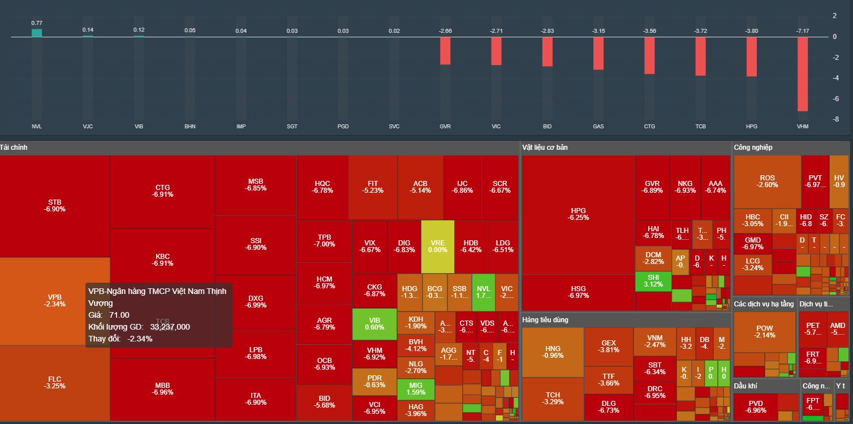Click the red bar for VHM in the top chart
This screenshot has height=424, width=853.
tap(802, 73)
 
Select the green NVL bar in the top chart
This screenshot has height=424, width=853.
tap(37, 33)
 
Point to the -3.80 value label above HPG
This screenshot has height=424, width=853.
tap(751, 31)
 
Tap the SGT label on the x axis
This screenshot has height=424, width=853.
tap(292, 126)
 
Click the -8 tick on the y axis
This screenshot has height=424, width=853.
tap(834, 119)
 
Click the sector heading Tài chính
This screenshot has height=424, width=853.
tap(14, 148)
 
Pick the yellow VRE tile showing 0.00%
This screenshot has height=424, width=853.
tap(437, 246)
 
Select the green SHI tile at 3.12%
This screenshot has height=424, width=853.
tap(653, 281)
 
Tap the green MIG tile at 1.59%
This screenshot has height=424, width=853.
tap(416, 388)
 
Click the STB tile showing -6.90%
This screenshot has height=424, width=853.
tap(55, 205)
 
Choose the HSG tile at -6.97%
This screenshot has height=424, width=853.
tap(578, 292)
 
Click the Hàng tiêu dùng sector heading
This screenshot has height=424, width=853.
tap(545, 320)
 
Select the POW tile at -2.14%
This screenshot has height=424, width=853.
tap(764, 331)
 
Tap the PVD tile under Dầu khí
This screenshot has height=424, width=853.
tap(755, 406)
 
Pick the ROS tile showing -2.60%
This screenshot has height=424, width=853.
tap(767, 181)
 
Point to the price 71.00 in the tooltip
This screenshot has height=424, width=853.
tap(119, 315)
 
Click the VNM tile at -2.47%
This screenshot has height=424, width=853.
tap(655, 341)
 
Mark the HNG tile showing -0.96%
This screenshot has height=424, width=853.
tap(553, 352)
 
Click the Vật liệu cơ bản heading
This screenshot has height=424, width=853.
tap(545, 148)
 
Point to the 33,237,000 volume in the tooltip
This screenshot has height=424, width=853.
tap(170, 327)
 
